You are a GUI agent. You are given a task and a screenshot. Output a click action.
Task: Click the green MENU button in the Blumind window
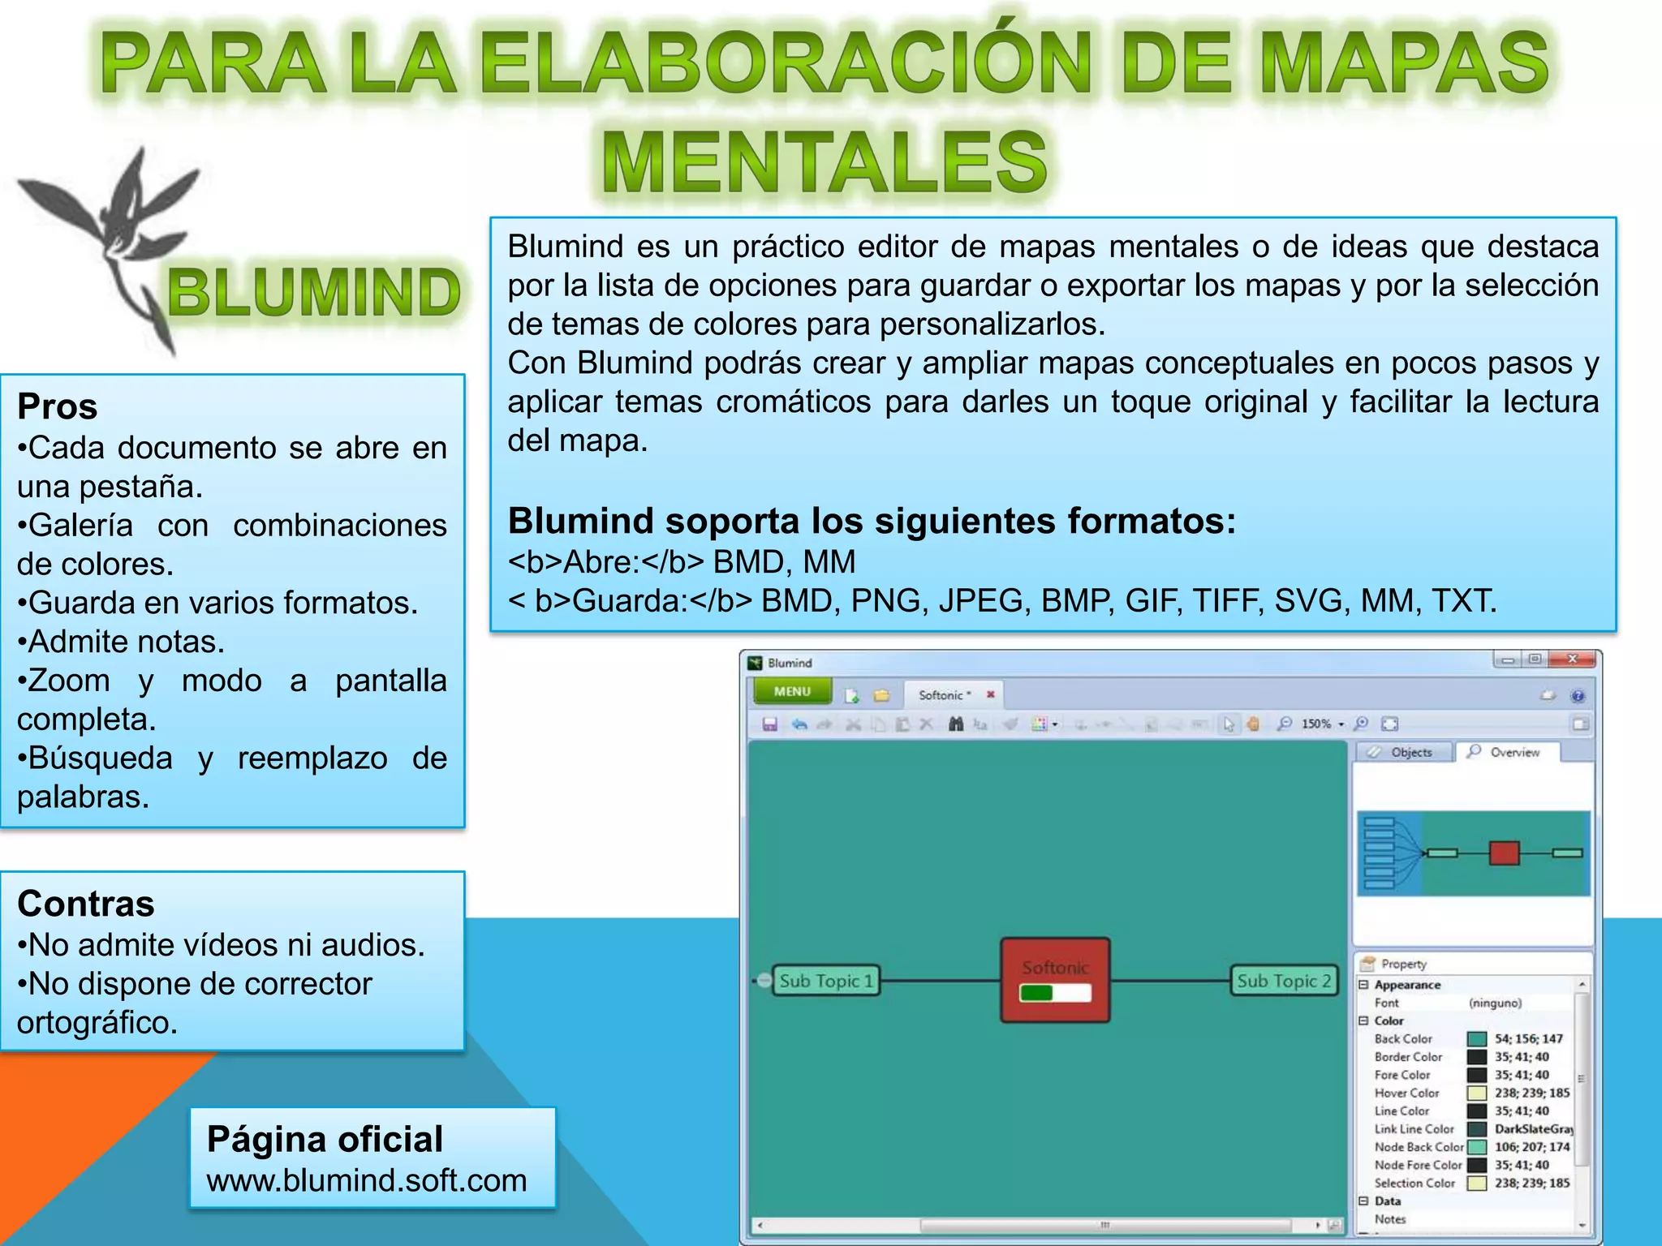(x=792, y=691)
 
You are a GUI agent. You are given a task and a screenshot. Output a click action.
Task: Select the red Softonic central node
(x=1055, y=979)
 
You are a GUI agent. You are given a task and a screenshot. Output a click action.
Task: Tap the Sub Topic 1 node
(x=825, y=981)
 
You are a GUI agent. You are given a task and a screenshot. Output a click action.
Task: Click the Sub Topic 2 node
(x=1283, y=981)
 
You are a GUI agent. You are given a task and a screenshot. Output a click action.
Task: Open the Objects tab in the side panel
(x=1403, y=752)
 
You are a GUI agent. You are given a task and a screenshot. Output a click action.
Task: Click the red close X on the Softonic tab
(x=990, y=694)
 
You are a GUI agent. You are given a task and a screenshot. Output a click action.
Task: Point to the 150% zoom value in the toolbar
(x=1315, y=724)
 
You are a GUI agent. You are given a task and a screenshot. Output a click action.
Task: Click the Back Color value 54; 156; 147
(x=1528, y=1038)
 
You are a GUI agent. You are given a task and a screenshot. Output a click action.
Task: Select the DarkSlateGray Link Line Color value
(x=1533, y=1128)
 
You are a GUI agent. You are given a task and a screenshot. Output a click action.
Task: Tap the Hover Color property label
(x=1406, y=1093)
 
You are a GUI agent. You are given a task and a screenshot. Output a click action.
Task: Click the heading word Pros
(x=58, y=406)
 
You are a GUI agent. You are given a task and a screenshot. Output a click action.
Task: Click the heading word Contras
(x=86, y=904)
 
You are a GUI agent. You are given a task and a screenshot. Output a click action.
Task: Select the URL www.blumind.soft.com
(x=367, y=1180)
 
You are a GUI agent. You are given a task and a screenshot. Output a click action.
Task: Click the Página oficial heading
(x=325, y=1139)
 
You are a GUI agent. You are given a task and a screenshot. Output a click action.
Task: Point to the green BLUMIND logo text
(x=314, y=292)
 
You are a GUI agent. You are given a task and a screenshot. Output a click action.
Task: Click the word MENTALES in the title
(x=825, y=162)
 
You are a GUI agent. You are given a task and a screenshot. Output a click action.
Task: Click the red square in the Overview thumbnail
(x=1504, y=853)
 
